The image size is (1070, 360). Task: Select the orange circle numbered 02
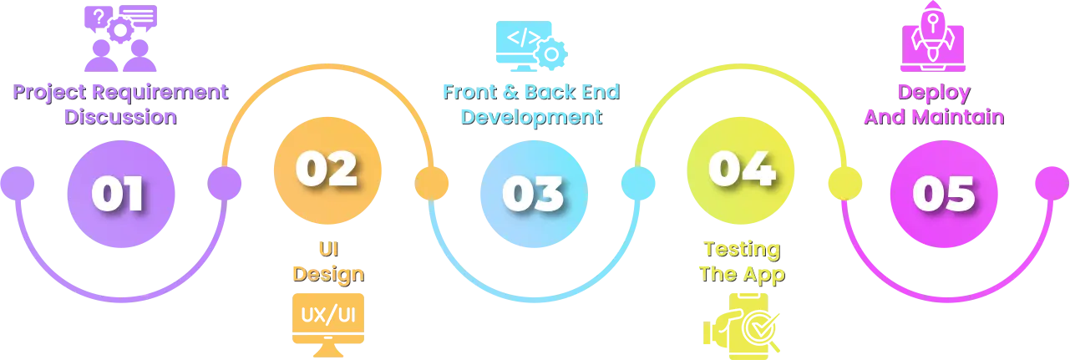tap(327, 170)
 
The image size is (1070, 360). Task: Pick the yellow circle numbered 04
tap(738, 170)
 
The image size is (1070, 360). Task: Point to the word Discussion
tap(121, 116)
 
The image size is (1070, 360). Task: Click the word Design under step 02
tap(327, 273)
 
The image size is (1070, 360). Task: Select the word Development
tap(531, 116)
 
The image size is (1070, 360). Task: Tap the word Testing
tap(741, 249)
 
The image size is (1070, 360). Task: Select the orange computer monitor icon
tap(327, 322)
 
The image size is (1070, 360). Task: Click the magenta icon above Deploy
tap(934, 38)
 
